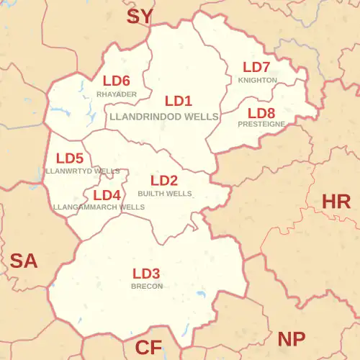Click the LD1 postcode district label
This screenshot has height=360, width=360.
pos(179,101)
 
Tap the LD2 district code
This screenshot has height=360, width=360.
pos(164,181)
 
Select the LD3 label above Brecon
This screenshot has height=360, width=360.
pos(146,274)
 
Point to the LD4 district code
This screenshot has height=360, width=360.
pos(107,195)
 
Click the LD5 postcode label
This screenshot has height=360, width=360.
pos(70,158)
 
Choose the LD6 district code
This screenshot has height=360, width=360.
pos(116,81)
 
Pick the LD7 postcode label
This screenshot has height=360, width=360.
pos(256,68)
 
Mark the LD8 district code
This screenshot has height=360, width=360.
pos(261,112)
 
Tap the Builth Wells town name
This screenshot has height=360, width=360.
pos(165,194)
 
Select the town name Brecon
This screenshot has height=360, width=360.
pos(147,286)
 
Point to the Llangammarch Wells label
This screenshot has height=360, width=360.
pos(99,207)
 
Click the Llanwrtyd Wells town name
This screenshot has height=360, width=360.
pos(82,171)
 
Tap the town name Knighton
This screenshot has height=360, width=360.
pos(257,80)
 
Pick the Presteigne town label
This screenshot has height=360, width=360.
pos(261,124)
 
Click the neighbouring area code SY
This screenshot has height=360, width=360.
pos(140,16)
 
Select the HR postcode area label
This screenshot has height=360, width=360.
pos(336,202)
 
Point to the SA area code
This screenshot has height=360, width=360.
pos(23,261)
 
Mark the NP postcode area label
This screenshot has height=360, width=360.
pos(291,338)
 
